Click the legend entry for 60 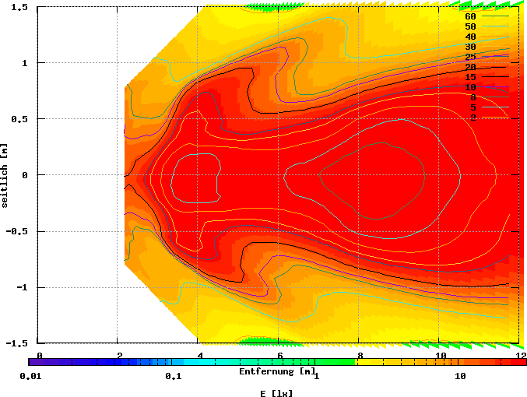(x=470, y=16)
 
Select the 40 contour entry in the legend (x=470, y=37)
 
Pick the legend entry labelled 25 (x=470, y=57)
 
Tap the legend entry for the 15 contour (x=470, y=77)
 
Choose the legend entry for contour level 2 (x=473, y=118)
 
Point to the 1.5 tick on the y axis (x=20, y=7)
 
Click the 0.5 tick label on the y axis (x=20, y=119)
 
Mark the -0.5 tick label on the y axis (x=18, y=231)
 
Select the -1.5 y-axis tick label (x=18, y=343)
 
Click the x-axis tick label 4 (x=200, y=355)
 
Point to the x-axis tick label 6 (x=280, y=355)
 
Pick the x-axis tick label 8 (x=360, y=355)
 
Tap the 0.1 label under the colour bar (x=173, y=377)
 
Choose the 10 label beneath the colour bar (x=460, y=377)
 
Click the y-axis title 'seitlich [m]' (x=5, y=175)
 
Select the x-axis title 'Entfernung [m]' (x=277, y=371)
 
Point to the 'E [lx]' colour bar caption (x=277, y=392)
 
